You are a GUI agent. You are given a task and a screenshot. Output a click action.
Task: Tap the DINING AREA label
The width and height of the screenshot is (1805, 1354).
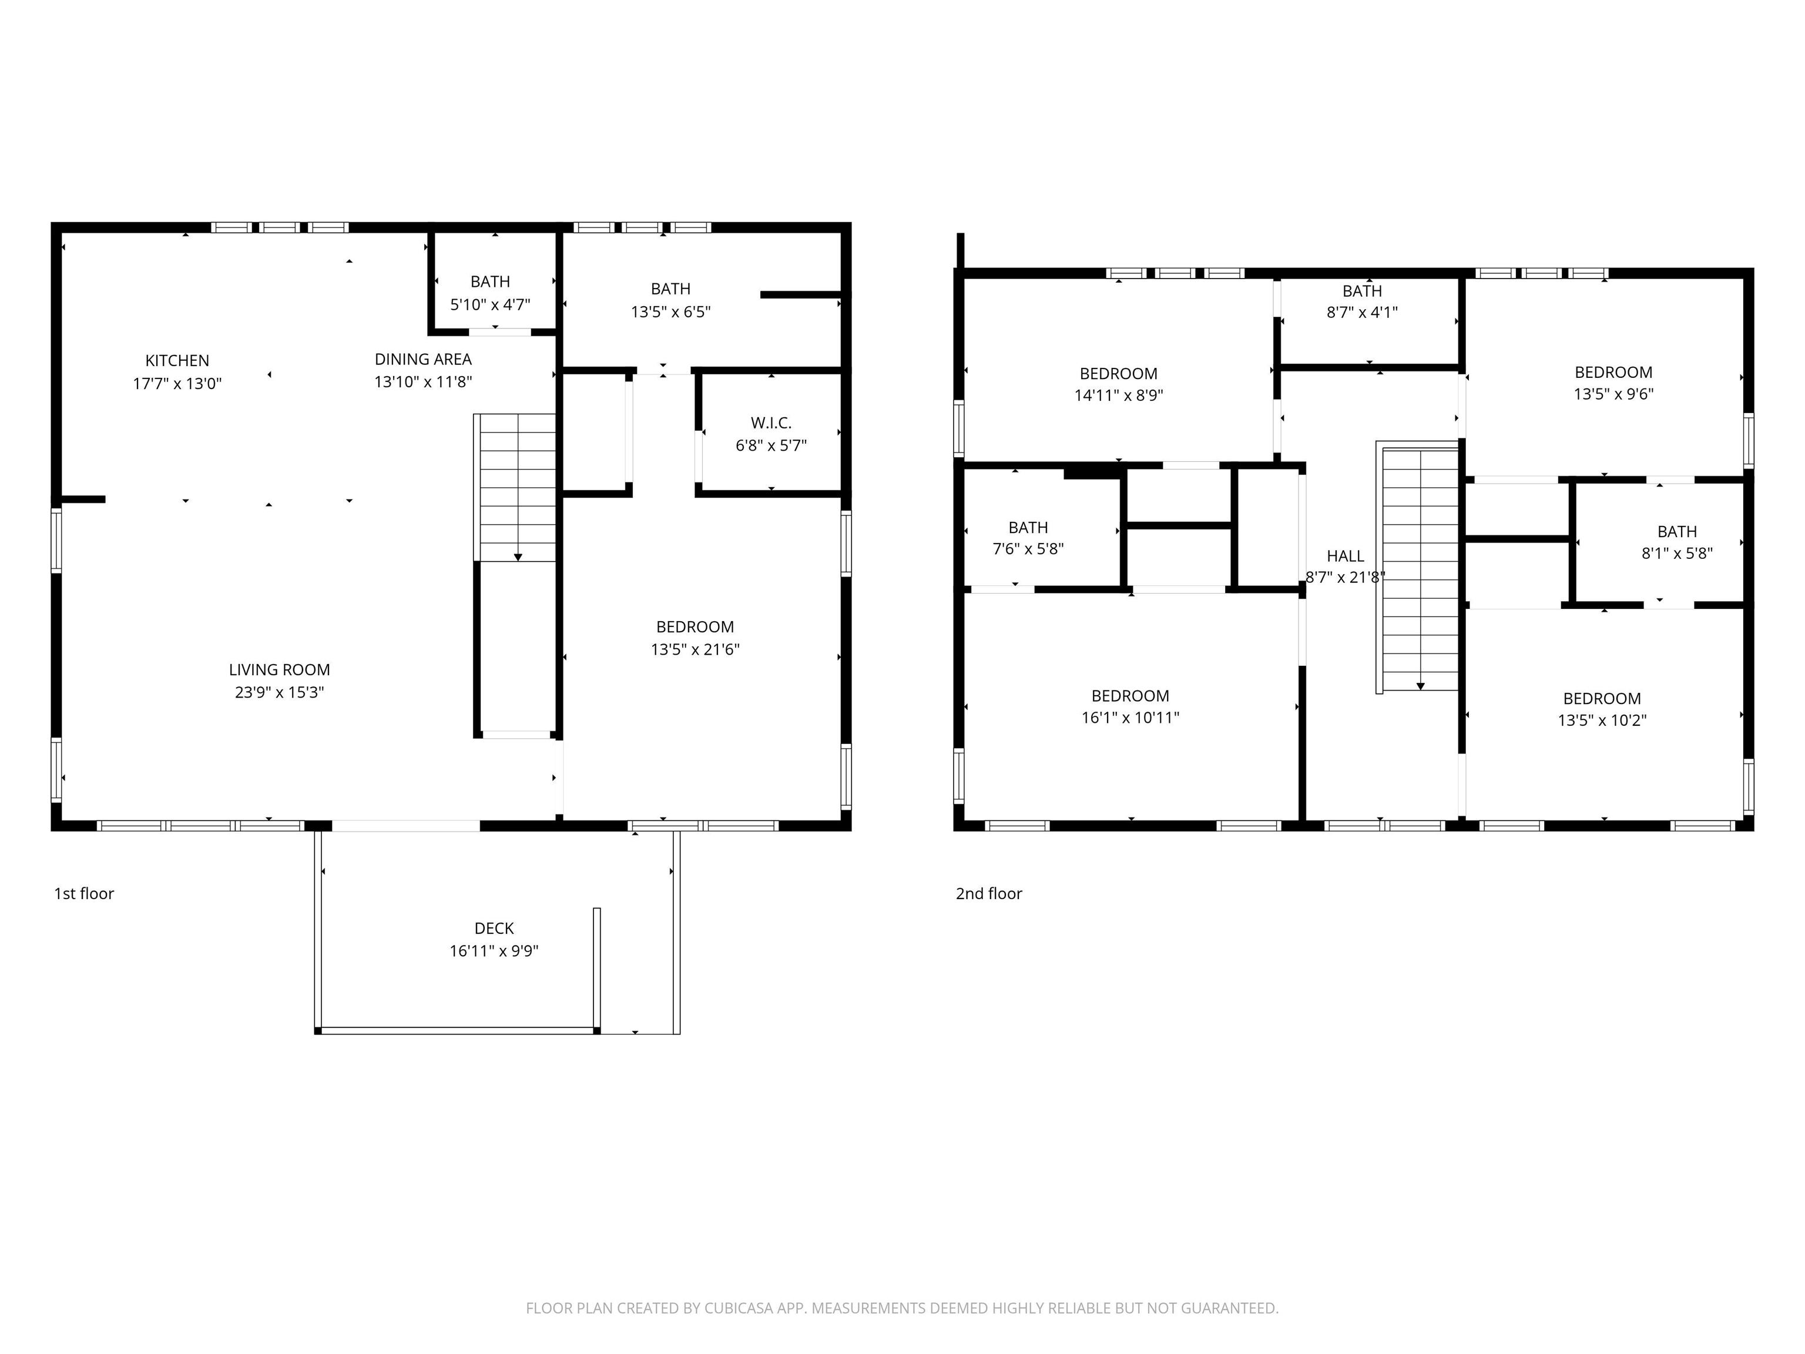point(422,359)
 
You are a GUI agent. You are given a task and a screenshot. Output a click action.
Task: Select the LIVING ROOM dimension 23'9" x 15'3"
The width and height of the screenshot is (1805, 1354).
point(279,692)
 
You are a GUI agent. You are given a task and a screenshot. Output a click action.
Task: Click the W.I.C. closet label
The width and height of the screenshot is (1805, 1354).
point(770,423)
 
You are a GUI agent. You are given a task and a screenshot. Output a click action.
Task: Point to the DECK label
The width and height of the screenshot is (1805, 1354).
point(494,928)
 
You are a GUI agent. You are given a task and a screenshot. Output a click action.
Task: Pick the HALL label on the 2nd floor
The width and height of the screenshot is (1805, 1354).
point(1345,556)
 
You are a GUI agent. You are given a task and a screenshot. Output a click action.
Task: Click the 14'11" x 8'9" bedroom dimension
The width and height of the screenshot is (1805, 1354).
point(1118,396)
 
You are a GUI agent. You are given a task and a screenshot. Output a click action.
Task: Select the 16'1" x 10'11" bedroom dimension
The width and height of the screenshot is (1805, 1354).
point(1129,718)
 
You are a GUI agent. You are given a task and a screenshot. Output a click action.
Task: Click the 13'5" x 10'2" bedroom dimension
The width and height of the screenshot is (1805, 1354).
point(1601,720)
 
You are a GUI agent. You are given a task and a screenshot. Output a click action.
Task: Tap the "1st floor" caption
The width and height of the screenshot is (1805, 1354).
point(84,894)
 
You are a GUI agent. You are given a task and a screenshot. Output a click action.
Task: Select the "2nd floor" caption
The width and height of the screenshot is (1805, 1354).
point(988,894)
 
